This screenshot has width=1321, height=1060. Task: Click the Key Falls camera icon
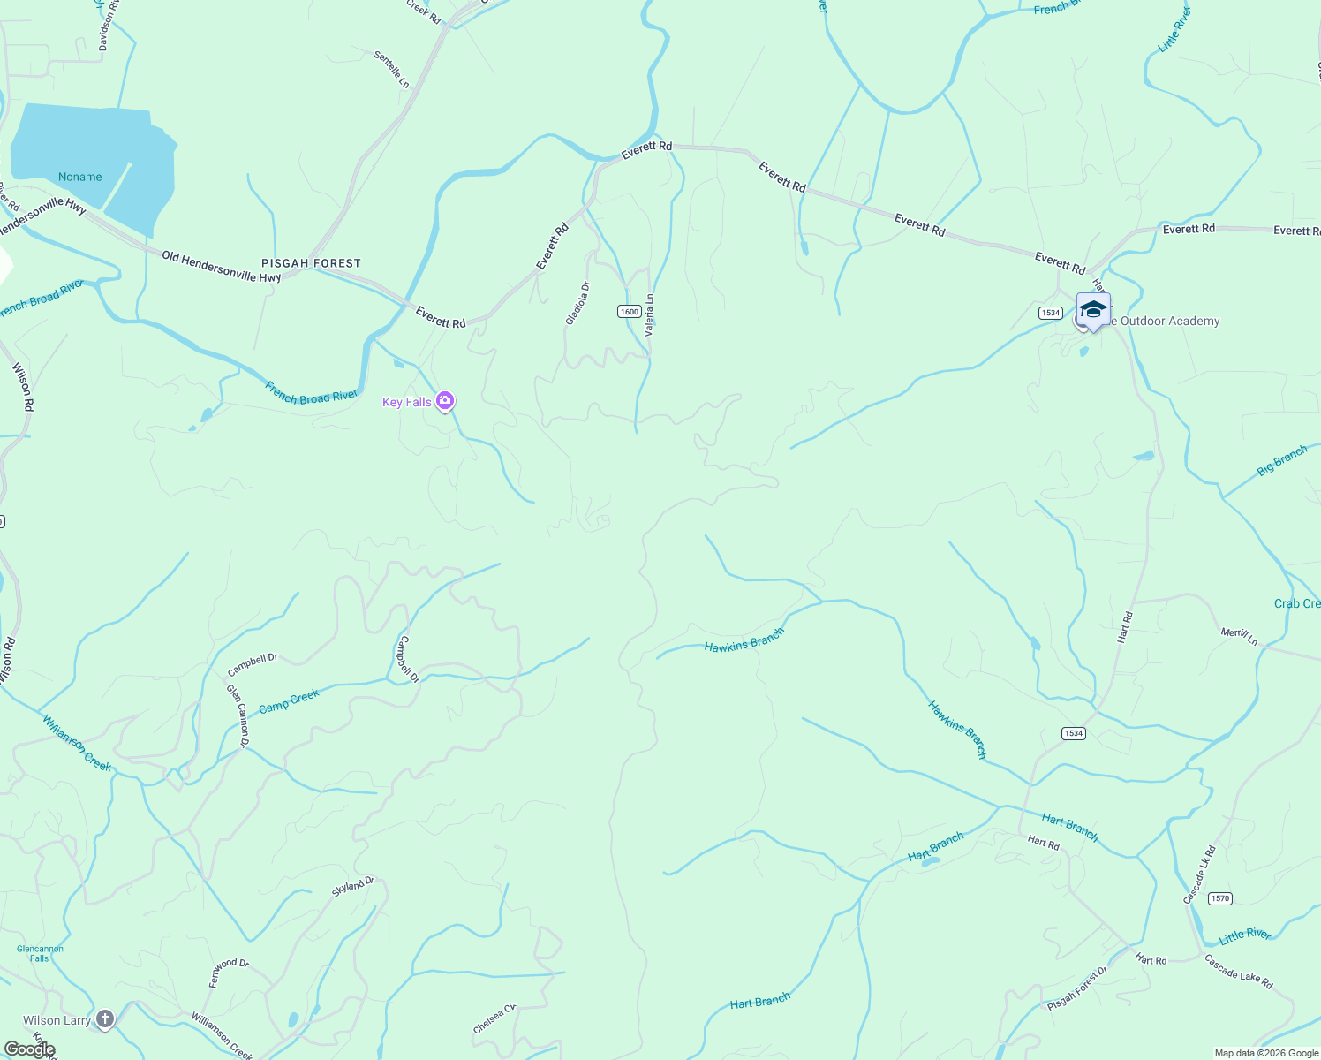point(445,402)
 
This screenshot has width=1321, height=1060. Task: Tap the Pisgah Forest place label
point(311,263)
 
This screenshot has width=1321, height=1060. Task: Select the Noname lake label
point(80,177)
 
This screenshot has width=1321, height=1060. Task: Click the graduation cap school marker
point(1093,310)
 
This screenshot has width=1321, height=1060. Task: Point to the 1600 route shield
point(629,312)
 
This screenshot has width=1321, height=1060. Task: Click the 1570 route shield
point(1219,898)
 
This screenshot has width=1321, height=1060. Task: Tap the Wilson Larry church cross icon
point(105,1020)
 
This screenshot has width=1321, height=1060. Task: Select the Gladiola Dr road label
point(577,303)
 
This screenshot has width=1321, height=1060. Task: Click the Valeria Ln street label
point(650,315)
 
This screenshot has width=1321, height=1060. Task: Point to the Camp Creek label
point(289,701)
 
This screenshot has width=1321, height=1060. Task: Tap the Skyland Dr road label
point(353,887)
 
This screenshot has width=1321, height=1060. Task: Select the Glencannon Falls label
point(40,953)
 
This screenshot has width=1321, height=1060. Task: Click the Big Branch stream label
point(1282,460)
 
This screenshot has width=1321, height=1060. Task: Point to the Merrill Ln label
point(1240,636)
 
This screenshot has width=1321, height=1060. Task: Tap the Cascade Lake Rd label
point(1239,971)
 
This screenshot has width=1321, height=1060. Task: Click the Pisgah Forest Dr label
point(1077,988)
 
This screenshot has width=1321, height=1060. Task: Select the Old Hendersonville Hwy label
point(221,267)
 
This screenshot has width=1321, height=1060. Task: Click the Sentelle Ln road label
point(391,69)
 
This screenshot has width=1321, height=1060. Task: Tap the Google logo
point(29,1049)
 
